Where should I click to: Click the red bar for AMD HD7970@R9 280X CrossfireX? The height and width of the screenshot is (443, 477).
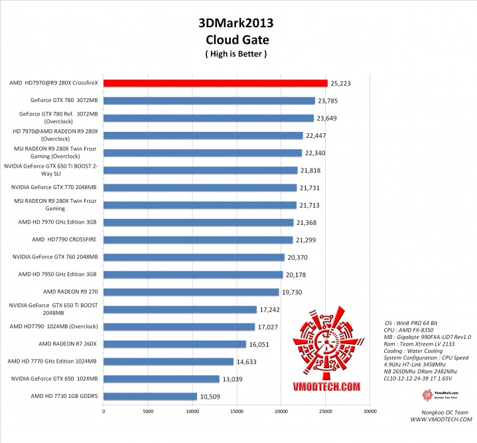[215, 84]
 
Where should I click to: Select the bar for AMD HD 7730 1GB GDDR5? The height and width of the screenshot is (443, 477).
[150, 396]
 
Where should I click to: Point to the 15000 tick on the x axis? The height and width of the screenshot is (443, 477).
[237, 411]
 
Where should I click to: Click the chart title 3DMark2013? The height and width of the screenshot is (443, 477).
[236, 23]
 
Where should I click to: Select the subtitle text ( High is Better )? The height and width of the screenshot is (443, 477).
[236, 54]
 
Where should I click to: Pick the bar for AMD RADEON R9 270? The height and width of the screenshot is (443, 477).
[191, 292]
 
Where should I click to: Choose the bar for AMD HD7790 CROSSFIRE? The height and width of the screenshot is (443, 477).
[198, 239]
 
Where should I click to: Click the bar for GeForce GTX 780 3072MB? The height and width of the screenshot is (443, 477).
[209, 101]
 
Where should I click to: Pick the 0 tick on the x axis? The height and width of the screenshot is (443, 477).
[103, 411]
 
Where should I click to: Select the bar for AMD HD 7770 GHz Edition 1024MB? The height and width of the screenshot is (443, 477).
[169, 361]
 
